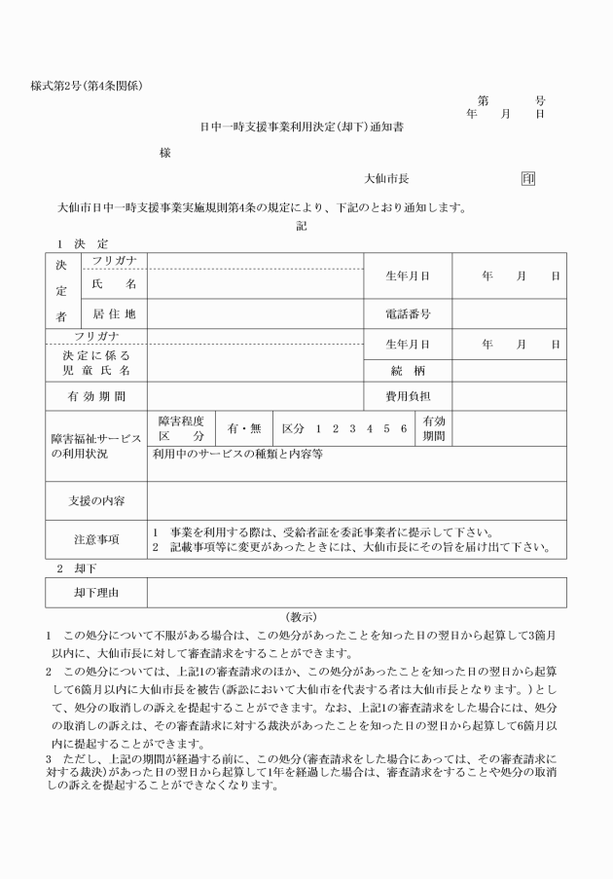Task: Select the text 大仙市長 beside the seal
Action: (385, 179)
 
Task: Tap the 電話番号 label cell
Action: (407, 314)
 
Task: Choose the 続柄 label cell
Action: (407, 371)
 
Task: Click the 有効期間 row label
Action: (95, 397)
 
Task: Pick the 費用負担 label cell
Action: (407, 397)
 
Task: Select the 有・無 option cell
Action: (244, 428)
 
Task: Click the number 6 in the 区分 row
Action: (403, 428)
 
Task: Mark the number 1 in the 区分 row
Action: (318, 428)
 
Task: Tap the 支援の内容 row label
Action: (95, 500)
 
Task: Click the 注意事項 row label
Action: (95, 538)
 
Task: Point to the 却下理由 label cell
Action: (95, 592)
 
